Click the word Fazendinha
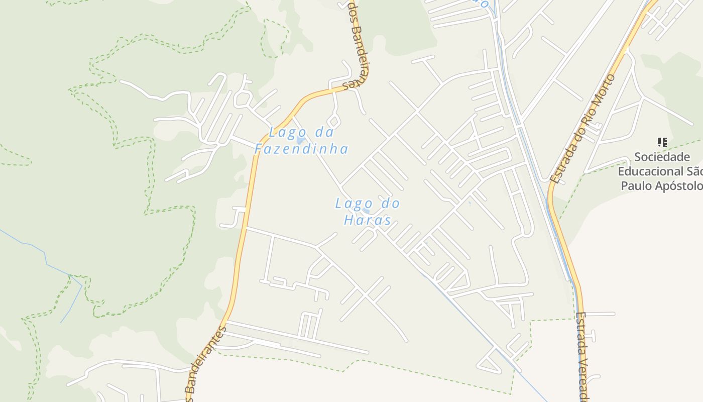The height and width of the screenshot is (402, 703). pos(301,149)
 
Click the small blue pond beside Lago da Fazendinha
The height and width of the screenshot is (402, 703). pos(301,140)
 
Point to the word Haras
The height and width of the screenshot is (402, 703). pos(368,220)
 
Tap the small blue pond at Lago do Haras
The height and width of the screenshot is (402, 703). pos(366,211)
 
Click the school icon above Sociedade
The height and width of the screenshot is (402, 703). pos(662,142)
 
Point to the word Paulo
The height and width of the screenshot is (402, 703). pos(637,186)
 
